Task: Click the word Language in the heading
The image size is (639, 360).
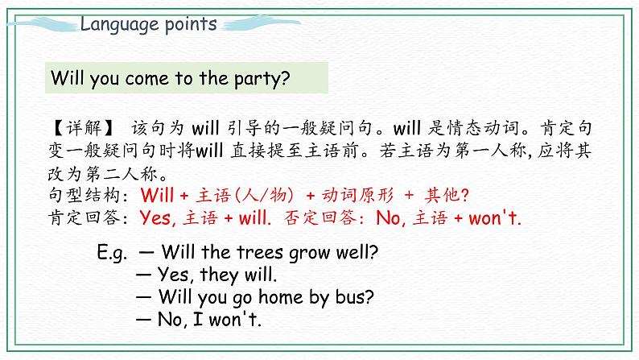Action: [x=117, y=24]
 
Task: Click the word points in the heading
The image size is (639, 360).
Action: [x=188, y=24]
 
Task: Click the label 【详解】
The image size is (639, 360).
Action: [x=76, y=127]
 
